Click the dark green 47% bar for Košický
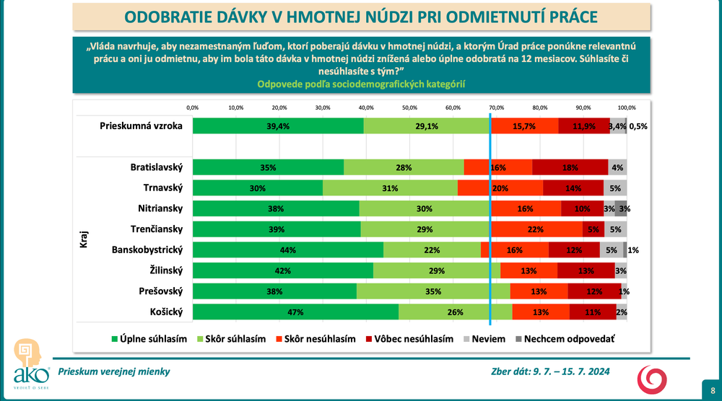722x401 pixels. pos(295,312)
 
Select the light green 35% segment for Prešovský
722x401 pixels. pos(432,291)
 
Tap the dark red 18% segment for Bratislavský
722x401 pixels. pos(570,167)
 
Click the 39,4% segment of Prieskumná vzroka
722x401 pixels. pos(278,125)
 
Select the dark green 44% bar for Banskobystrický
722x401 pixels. pos(288,250)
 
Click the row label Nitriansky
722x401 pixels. pos(160,208)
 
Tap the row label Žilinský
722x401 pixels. pos(165,270)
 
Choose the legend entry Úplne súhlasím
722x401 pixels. pos(148,338)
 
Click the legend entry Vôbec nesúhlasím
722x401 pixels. pos(409,338)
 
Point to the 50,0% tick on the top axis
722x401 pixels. pos(409,107)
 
